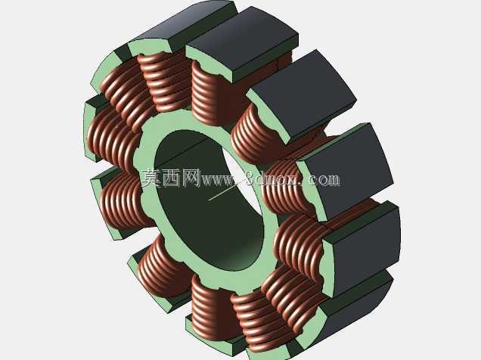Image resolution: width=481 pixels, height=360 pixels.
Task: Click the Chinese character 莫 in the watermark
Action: (151, 178)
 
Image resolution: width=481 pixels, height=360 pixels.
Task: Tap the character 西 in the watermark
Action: (171, 178)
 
